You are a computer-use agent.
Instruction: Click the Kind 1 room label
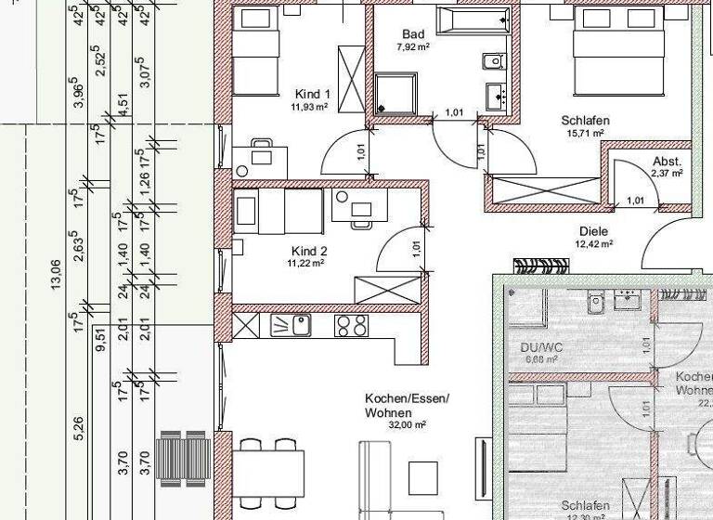click(x=312, y=94)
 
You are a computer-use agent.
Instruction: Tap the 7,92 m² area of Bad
click(x=412, y=46)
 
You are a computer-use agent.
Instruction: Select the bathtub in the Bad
click(x=474, y=19)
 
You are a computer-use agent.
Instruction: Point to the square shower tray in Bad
click(x=395, y=96)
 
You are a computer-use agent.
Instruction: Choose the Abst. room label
click(x=667, y=160)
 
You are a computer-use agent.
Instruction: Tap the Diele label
click(x=593, y=231)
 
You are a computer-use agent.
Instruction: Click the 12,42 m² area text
click(x=593, y=244)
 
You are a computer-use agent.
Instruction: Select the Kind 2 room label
click(x=309, y=251)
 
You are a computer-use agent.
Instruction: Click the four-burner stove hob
click(x=351, y=325)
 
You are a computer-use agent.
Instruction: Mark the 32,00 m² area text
click(x=408, y=423)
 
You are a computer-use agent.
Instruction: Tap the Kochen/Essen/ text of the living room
click(x=407, y=397)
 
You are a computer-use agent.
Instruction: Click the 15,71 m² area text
click(x=584, y=133)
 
